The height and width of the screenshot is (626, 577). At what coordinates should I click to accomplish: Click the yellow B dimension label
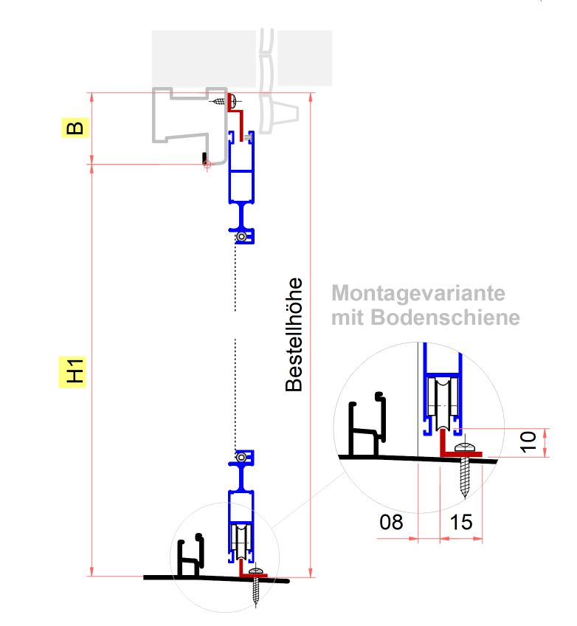(75, 128)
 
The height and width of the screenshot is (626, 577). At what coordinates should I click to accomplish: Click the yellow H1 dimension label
(74, 371)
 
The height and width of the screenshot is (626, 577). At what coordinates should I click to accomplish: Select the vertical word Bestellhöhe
(294, 334)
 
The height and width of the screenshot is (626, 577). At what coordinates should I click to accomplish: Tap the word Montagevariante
(419, 293)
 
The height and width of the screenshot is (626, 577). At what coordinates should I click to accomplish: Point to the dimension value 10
(528, 443)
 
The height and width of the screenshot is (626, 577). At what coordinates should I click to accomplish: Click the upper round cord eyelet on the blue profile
(241, 237)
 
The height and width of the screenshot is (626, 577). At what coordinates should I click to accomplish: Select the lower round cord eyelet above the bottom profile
(241, 458)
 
